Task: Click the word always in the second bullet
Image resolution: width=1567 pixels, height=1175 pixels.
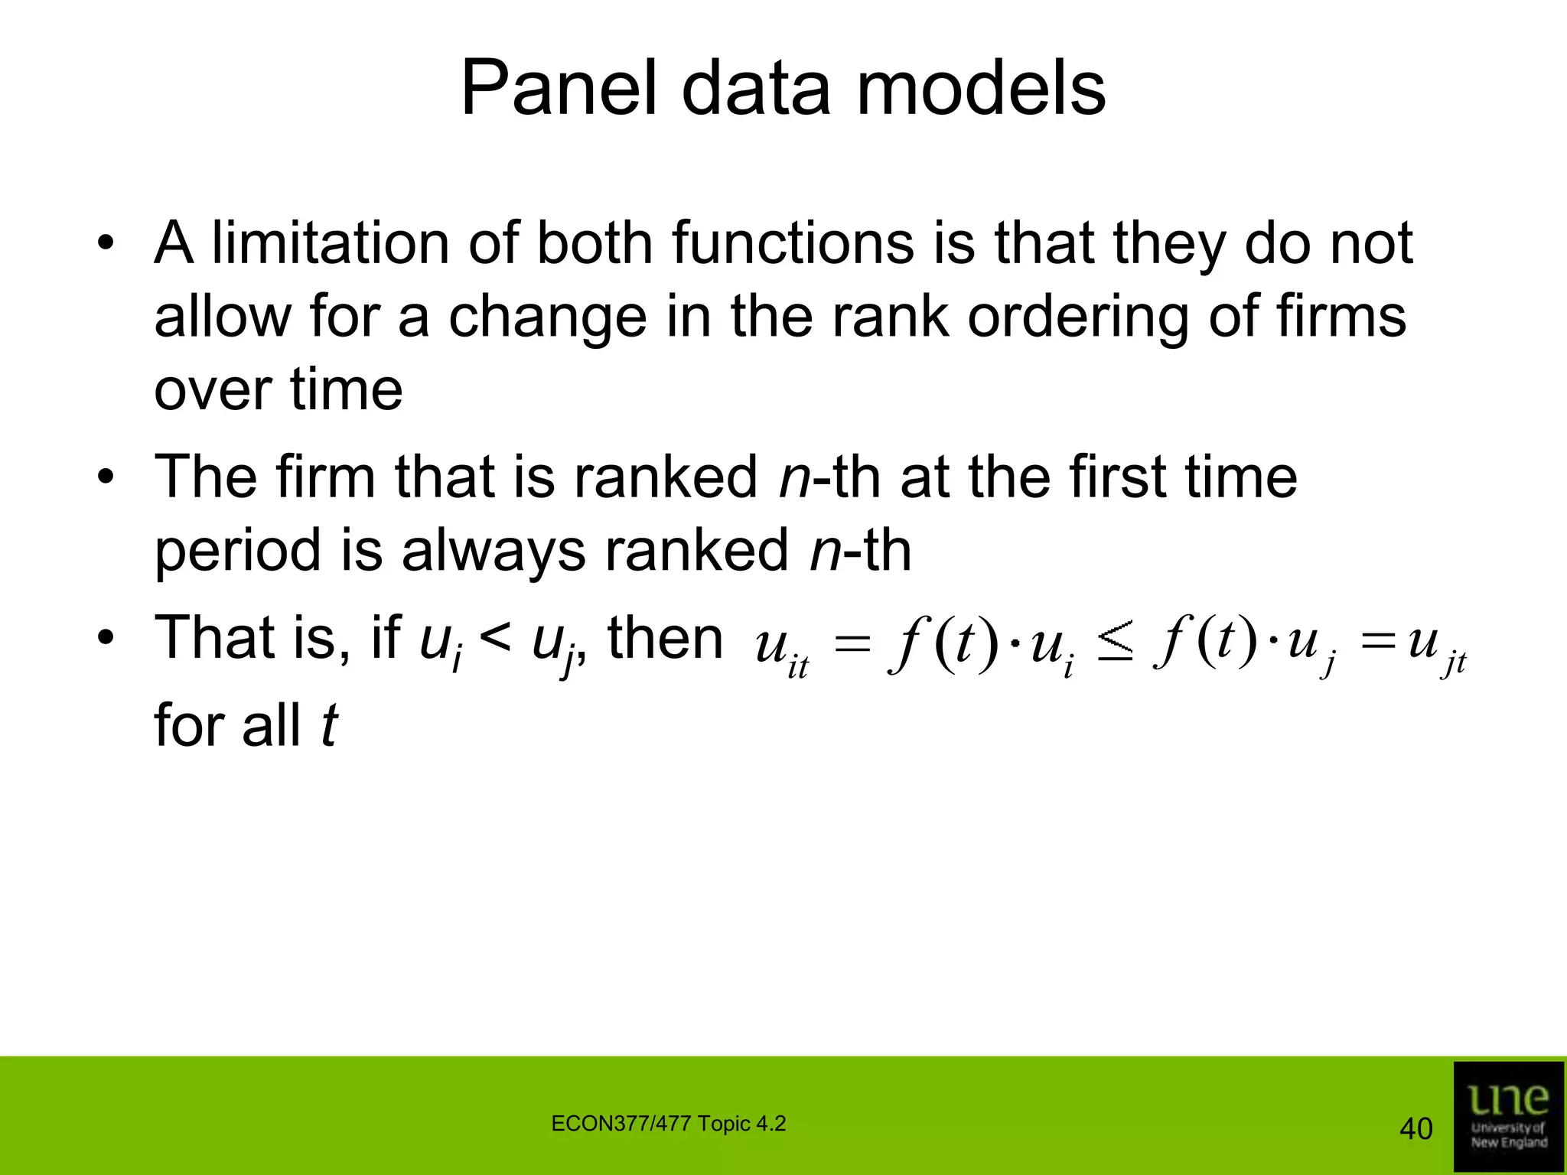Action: (494, 551)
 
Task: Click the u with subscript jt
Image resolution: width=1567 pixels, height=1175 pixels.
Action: (1435, 646)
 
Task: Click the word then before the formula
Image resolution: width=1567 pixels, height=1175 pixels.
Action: (665, 638)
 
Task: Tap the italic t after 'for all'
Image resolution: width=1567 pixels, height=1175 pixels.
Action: (328, 725)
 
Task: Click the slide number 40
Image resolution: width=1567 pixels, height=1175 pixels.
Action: (1415, 1128)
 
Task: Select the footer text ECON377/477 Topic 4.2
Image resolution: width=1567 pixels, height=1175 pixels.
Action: (668, 1124)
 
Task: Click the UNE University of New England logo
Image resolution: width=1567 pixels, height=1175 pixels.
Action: (1508, 1116)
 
